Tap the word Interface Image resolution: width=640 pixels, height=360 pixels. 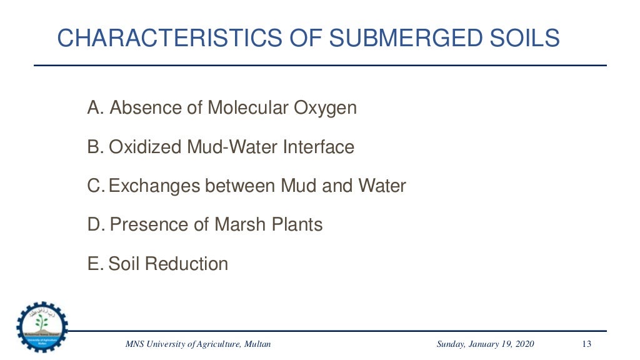coord(319,147)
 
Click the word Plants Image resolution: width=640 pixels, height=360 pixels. coord(296,224)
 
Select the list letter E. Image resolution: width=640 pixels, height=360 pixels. coord(94,264)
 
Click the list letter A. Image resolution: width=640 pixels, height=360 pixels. coord(94,108)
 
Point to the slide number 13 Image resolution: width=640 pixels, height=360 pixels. coord(586,344)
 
